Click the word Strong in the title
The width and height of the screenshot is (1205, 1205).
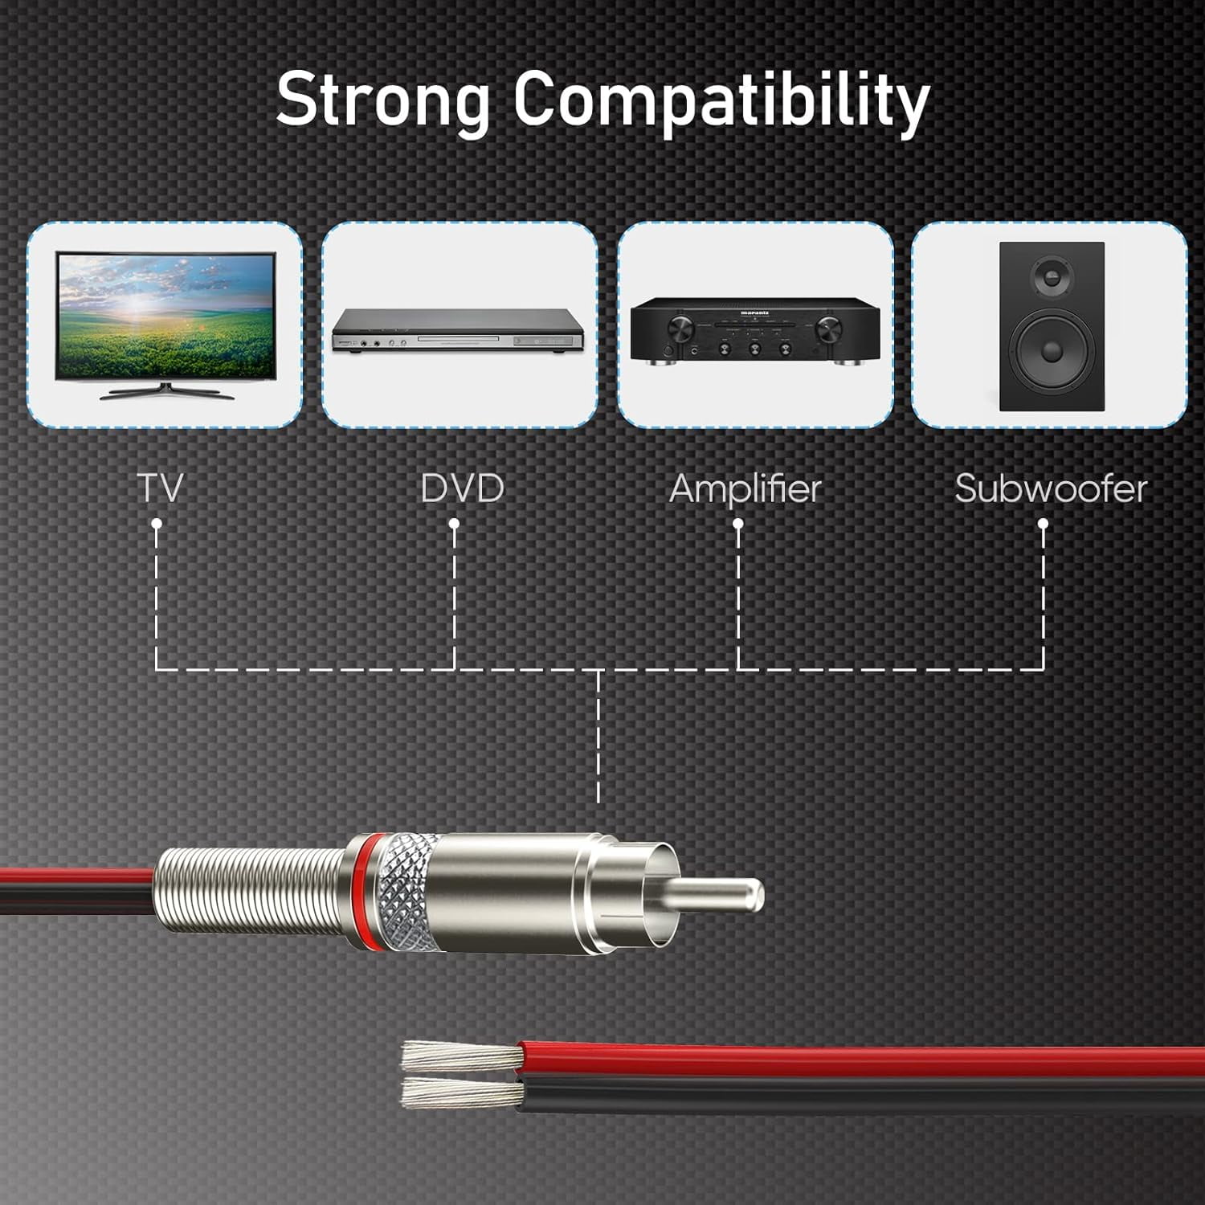(382, 100)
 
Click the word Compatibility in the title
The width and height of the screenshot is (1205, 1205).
(721, 100)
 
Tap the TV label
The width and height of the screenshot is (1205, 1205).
(160, 488)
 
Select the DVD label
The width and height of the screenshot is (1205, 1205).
(462, 488)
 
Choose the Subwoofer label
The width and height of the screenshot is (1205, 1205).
(1051, 488)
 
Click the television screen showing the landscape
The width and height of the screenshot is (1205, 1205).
(165, 317)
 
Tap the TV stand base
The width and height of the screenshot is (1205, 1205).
(166, 393)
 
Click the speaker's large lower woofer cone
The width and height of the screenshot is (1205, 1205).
(1051, 351)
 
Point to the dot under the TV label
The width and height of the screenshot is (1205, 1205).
(157, 524)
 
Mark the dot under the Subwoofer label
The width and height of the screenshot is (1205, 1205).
(1043, 524)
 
